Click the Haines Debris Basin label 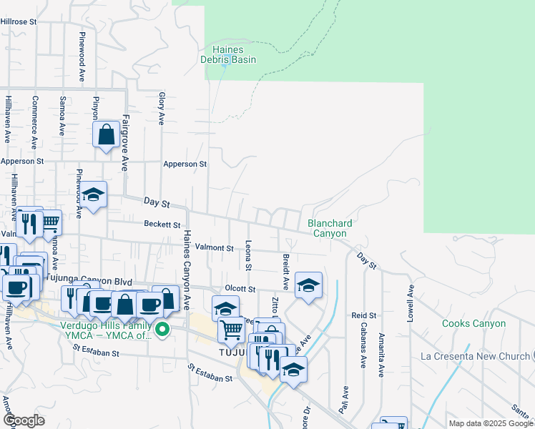pyautogui.click(x=233, y=54)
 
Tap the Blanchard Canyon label pyautogui.click(x=330, y=228)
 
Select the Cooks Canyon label pyautogui.click(x=473, y=324)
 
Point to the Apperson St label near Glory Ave pyautogui.click(x=185, y=164)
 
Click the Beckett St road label pyautogui.click(x=161, y=224)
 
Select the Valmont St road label pyautogui.click(x=215, y=248)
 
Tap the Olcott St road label pyautogui.click(x=240, y=289)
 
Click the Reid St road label pyautogui.click(x=363, y=315)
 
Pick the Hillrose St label pyautogui.click(x=19, y=22)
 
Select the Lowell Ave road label pyautogui.click(x=411, y=304)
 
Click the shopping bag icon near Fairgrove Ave pyautogui.click(x=106, y=134)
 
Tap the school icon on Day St pyautogui.click(x=93, y=195)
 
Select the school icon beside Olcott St pyautogui.click(x=308, y=286)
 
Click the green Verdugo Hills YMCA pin pyautogui.click(x=163, y=330)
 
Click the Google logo pyautogui.click(x=24, y=420)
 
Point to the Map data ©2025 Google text pyautogui.click(x=490, y=423)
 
